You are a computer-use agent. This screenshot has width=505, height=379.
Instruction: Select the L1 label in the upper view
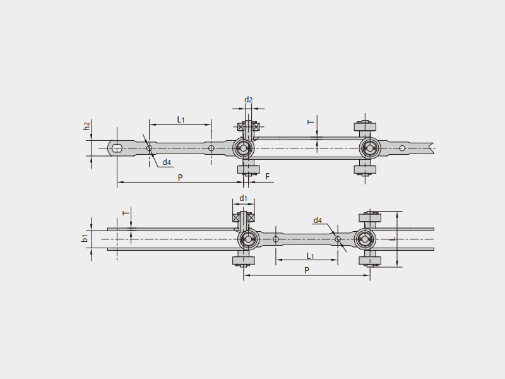(x=181, y=119)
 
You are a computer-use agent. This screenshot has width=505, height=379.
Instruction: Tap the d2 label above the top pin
(x=248, y=100)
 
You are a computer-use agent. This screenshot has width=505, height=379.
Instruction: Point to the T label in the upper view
(x=311, y=122)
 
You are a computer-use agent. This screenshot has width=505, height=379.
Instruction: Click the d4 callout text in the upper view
(x=167, y=162)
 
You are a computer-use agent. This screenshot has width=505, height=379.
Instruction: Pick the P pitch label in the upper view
(x=181, y=177)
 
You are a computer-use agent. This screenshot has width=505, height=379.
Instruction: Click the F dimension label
(x=267, y=176)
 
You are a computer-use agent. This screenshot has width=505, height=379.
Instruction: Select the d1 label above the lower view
(x=243, y=198)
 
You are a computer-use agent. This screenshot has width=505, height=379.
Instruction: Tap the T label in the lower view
(x=126, y=213)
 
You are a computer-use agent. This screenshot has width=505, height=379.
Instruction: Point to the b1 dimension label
(x=85, y=239)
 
